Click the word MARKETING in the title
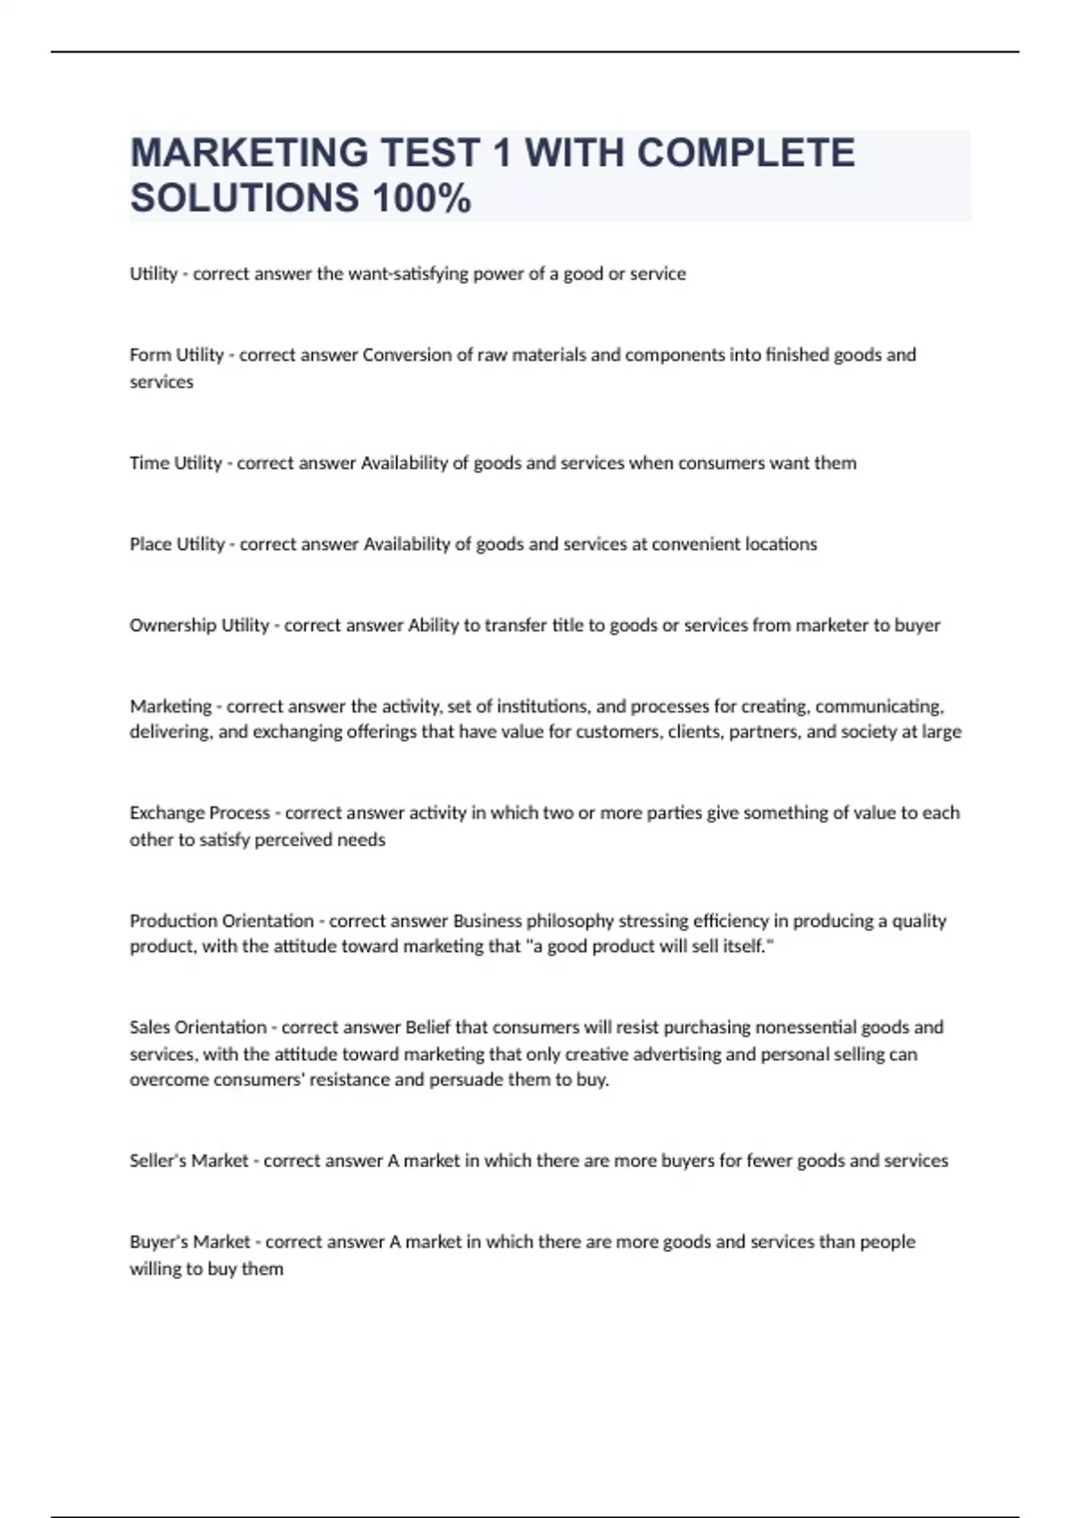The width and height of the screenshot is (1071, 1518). click(x=249, y=153)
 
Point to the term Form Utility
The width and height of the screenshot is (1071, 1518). click(x=177, y=355)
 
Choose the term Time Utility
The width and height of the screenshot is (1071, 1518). click(x=176, y=463)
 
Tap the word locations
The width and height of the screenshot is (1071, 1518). click(x=779, y=545)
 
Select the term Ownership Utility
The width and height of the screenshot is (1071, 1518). click(x=199, y=626)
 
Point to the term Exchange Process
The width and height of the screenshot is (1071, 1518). click(x=200, y=813)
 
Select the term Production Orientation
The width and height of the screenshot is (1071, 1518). click(x=221, y=922)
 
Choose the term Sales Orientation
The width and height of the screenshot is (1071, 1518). click(x=198, y=1028)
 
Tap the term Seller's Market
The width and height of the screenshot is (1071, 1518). click(x=189, y=1161)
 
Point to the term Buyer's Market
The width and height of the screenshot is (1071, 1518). click(x=190, y=1242)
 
